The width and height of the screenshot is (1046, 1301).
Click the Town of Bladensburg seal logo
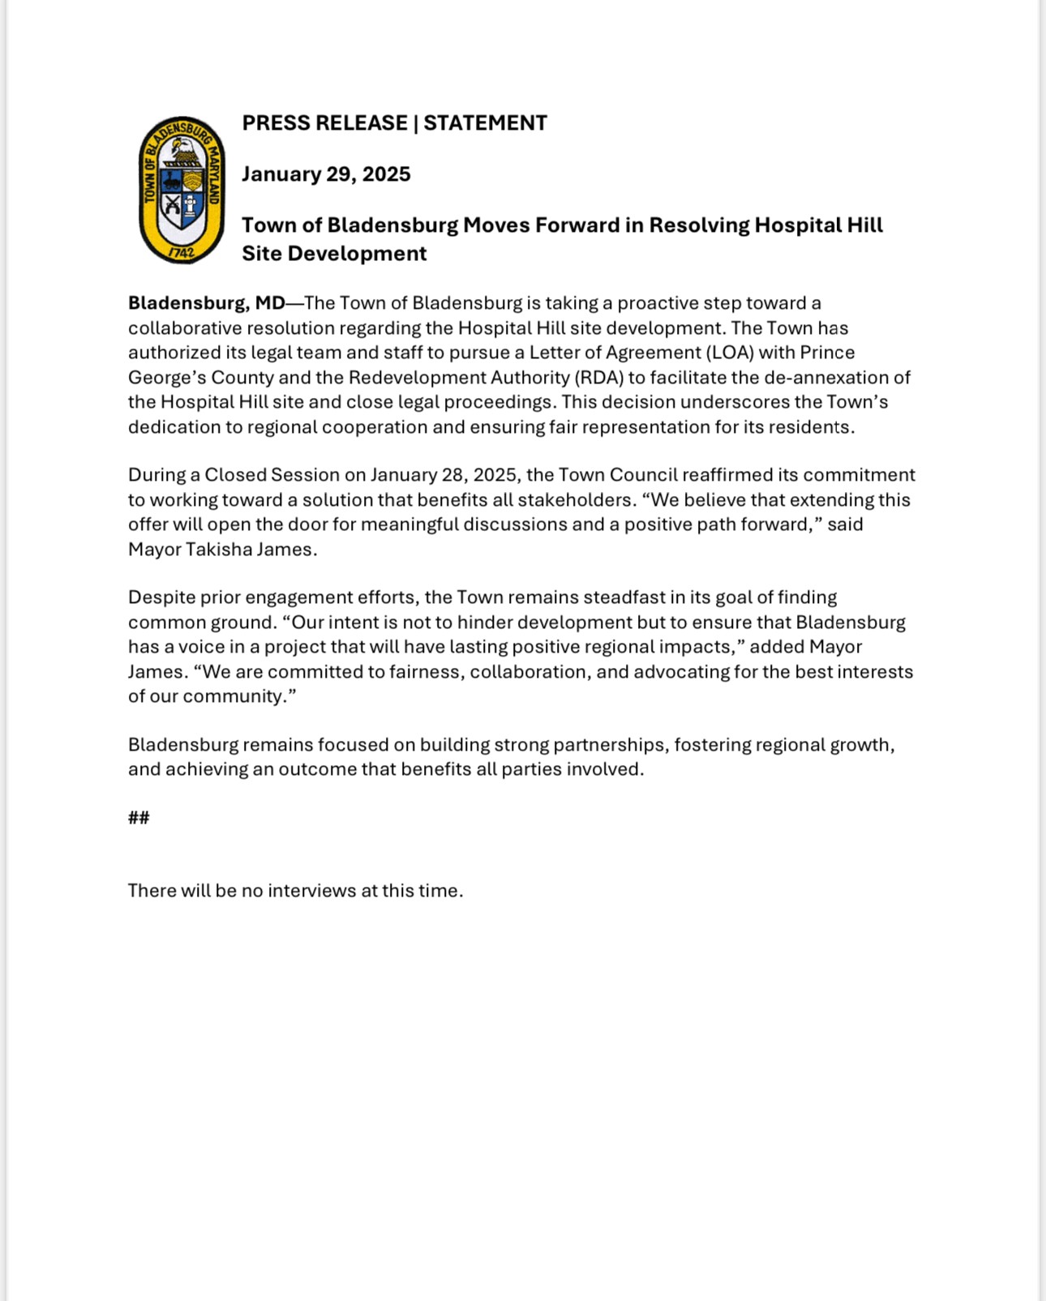[182, 190]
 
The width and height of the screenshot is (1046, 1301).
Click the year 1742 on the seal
[182, 252]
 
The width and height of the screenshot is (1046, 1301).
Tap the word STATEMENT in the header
[485, 123]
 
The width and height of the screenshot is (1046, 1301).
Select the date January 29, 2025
[326, 174]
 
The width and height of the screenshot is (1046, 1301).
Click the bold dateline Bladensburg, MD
[207, 303]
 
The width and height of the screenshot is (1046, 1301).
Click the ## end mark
[139, 817]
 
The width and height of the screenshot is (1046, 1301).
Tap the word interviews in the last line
[312, 891]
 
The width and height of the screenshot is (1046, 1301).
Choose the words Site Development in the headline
[334, 254]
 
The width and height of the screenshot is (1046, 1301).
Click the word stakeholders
[577, 500]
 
